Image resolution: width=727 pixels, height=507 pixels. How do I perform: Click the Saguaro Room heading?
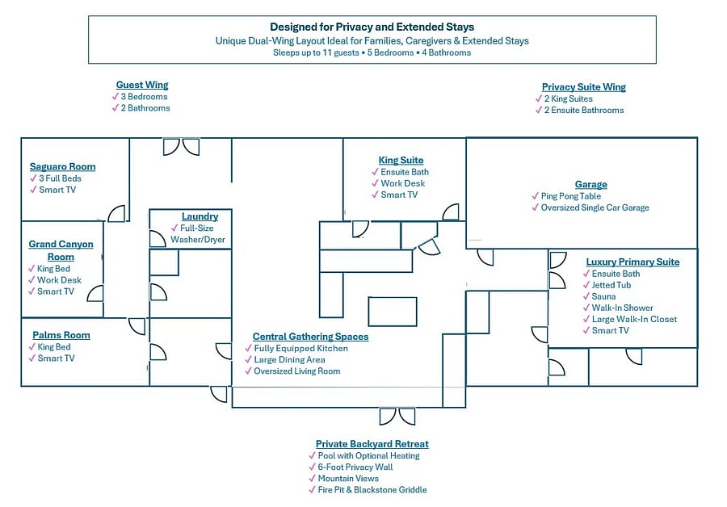coord(62,166)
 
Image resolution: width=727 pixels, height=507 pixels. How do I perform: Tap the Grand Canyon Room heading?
coord(61,250)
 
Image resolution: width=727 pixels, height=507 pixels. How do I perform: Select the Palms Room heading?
coord(61,335)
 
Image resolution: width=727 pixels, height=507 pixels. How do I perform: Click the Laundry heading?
coord(200,216)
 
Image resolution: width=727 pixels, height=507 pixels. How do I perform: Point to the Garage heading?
coord(591,184)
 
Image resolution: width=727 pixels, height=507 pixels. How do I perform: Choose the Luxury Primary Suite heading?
coord(632,262)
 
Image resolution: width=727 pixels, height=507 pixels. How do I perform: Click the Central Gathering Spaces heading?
coord(311,337)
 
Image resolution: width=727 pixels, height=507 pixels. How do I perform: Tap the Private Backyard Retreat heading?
coord(372,444)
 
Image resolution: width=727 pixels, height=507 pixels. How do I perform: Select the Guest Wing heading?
coord(142,85)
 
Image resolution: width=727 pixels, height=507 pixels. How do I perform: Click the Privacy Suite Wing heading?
coord(584,87)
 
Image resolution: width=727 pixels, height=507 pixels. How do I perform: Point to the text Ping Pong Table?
coord(571,196)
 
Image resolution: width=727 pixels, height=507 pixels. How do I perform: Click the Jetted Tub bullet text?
coord(611,285)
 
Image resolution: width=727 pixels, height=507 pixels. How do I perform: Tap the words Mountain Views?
coord(348,478)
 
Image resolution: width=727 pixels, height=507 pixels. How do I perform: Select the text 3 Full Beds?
coord(61,178)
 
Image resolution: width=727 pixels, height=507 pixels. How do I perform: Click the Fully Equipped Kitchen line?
coord(301,348)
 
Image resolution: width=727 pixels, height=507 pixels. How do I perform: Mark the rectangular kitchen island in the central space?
coord(393,312)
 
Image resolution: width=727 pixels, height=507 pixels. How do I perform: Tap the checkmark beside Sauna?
coord(586,296)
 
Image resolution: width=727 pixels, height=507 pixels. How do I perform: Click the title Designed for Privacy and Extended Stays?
coord(372,27)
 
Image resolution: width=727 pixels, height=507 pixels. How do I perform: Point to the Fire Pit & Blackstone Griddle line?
coord(372,490)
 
